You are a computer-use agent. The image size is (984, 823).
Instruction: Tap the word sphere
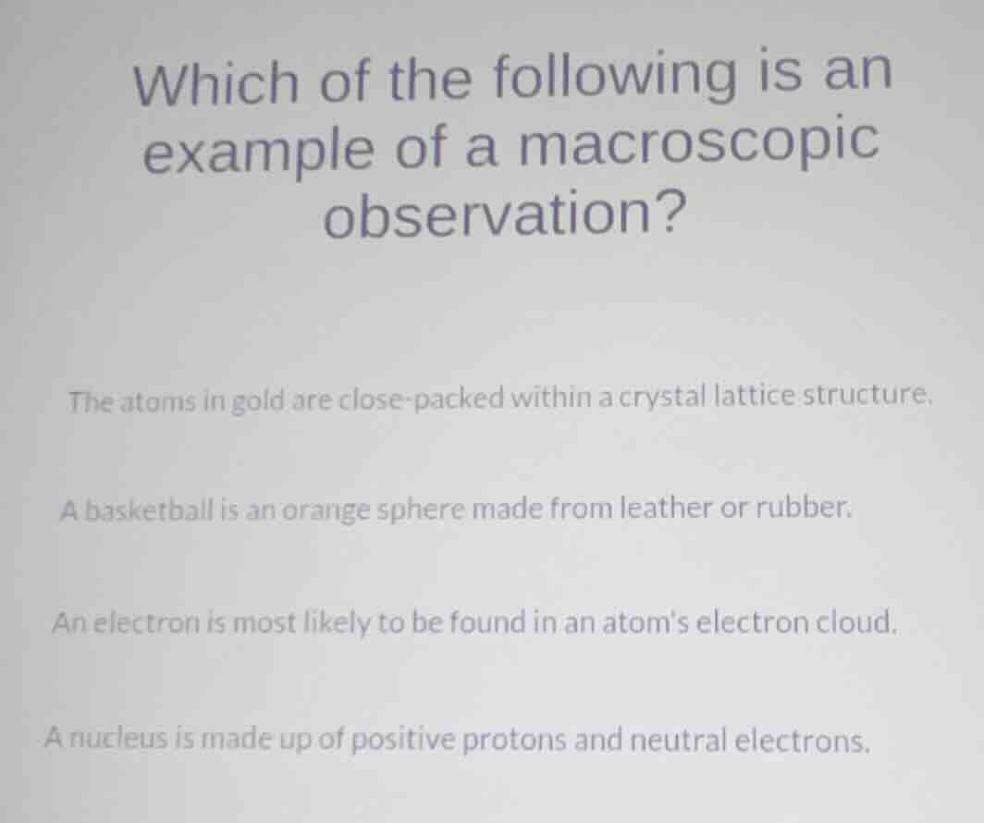click(422, 510)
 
